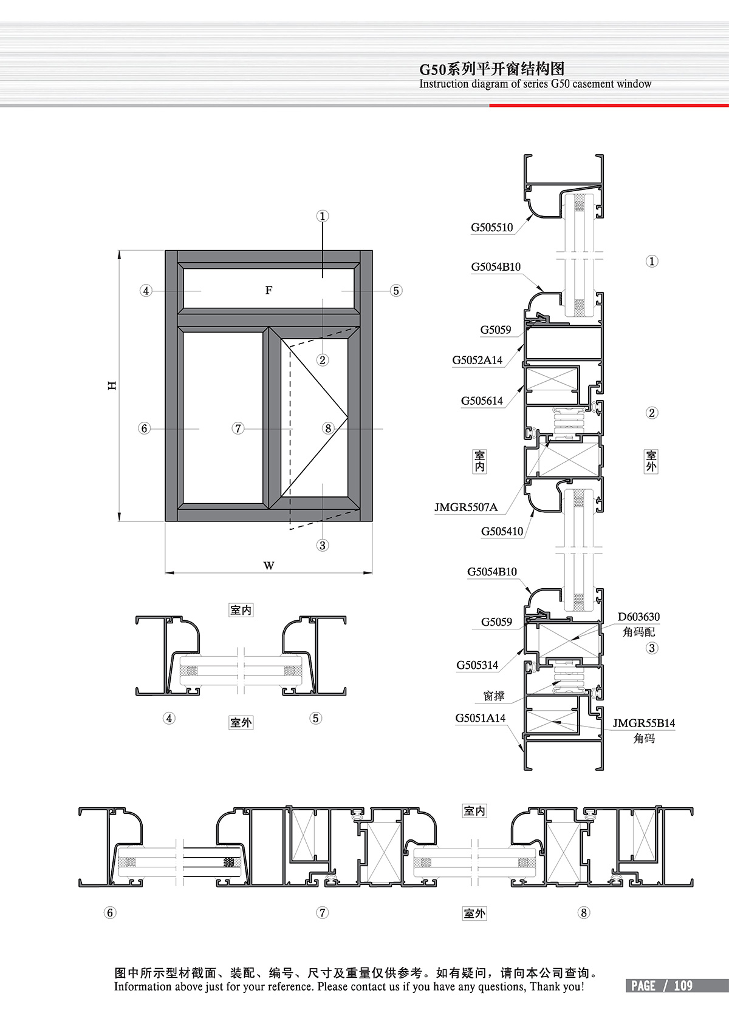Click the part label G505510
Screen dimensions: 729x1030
[491, 228]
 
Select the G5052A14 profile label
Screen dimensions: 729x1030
[477, 360]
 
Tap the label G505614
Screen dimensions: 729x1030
[482, 401]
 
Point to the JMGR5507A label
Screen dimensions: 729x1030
[466, 507]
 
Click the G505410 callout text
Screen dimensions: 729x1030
[502, 532]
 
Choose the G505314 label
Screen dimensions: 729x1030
[477, 665]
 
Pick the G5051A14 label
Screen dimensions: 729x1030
[481, 718]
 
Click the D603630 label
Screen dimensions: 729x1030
[638, 617]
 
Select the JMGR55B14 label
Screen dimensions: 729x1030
[643, 723]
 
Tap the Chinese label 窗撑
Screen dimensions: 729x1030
[494, 696]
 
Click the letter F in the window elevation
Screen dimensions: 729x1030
[269, 290]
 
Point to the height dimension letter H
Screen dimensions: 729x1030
[112, 385]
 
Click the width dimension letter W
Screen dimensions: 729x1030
[269, 566]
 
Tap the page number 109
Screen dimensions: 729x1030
[683, 986]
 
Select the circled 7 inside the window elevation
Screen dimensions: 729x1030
[238, 429]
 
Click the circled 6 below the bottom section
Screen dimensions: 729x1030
[110, 913]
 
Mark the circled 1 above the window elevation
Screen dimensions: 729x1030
[323, 215]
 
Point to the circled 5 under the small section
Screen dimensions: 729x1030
[315, 718]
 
